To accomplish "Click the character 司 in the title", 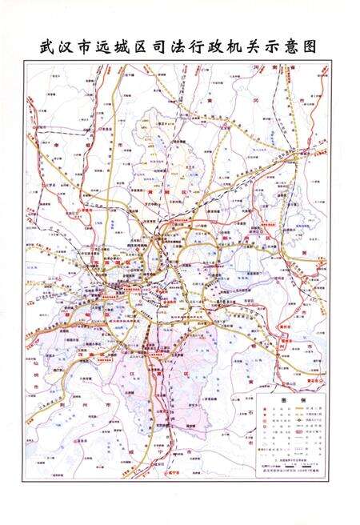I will coord(166,47).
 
